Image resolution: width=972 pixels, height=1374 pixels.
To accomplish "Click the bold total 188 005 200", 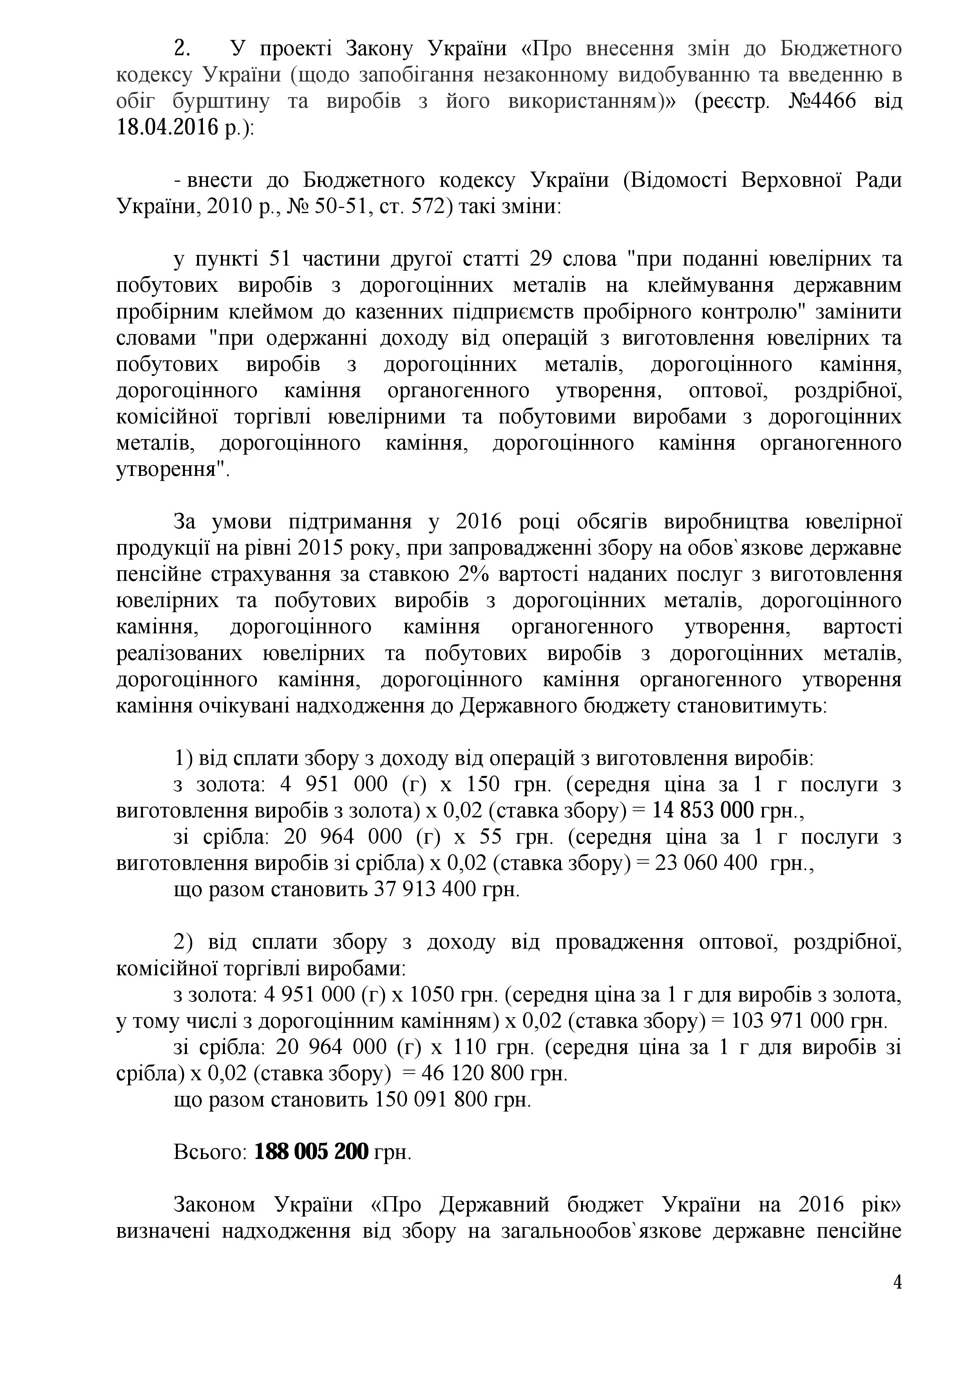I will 311,1152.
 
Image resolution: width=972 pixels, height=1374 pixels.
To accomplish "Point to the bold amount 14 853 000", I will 703,811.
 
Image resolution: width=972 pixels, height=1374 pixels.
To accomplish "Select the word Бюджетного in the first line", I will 838,49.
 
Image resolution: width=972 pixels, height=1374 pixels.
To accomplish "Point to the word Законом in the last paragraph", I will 214,1205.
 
